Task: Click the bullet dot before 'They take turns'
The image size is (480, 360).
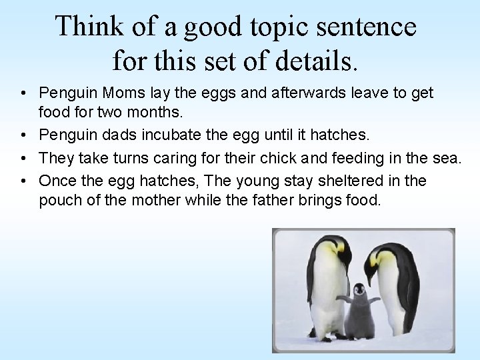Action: pos(23,159)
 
